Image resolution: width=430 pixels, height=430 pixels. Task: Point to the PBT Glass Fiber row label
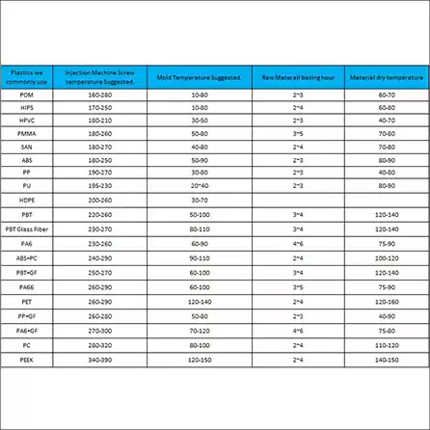pos(26,228)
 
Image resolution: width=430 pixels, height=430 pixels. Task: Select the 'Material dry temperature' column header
pos(386,76)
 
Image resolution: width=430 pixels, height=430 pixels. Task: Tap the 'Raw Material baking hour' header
pos(298,76)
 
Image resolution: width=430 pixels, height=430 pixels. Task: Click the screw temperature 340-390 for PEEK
pos(99,359)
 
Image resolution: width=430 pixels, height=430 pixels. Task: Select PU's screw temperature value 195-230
pos(99,183)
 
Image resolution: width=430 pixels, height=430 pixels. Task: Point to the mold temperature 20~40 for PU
pos(200,183)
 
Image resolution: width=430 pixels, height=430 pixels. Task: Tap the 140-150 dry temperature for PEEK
pos(387,359)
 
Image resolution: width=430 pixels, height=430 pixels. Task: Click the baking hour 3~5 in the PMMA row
pos(298,134)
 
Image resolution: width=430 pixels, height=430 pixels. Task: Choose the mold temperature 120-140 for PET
pos(200,301)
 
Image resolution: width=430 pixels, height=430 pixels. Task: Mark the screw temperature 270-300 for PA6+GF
pos(99,330)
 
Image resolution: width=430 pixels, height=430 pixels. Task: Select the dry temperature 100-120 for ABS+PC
pos(387,258)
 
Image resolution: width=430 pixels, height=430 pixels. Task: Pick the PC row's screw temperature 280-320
pos(99,344)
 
